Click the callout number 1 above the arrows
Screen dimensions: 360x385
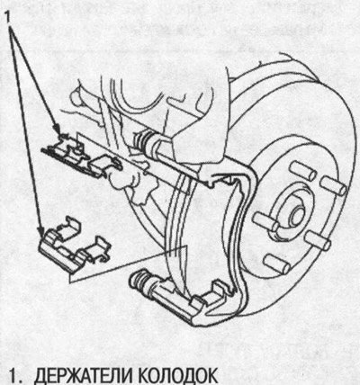[7, 17]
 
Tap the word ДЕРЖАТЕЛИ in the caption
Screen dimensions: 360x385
[82, 375]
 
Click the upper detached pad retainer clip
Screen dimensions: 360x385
[81, 156]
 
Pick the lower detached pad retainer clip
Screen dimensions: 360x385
[74, 246]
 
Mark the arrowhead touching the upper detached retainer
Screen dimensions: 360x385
[58, 130]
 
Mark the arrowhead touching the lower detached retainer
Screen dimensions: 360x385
[41, 232]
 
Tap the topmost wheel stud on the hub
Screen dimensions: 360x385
[303, 170]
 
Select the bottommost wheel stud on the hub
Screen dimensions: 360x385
[277, 264]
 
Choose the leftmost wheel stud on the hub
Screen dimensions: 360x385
[265, 221]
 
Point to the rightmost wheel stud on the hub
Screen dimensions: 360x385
[333, 185]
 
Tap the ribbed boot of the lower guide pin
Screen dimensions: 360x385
[142, 281]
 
